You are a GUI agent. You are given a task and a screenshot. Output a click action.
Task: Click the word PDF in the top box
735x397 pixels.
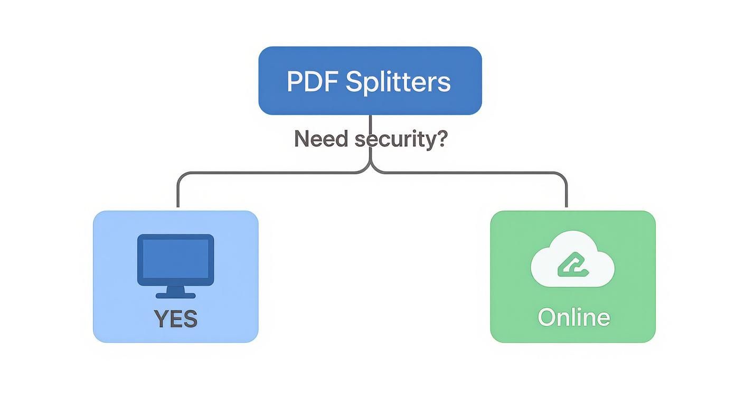(312, 82)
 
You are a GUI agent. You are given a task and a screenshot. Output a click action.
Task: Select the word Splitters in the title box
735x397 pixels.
(398, 82)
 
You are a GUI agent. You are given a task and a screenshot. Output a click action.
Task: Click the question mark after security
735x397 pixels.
(441, 139)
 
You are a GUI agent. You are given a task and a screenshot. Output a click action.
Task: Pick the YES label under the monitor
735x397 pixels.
(176, 319)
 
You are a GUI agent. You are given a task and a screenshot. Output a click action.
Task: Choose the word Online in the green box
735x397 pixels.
(573, 317)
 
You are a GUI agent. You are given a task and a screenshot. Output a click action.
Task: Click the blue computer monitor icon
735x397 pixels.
(176, 260)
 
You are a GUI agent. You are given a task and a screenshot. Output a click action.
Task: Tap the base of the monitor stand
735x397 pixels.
(176, 295)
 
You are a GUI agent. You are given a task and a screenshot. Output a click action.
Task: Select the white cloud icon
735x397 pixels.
(573, 260)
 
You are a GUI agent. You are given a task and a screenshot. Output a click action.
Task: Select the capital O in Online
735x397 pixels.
(546, 317)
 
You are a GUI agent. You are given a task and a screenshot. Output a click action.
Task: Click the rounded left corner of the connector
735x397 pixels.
(181, 176)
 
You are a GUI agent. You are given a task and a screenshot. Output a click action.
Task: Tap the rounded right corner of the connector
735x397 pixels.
(563, 176)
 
